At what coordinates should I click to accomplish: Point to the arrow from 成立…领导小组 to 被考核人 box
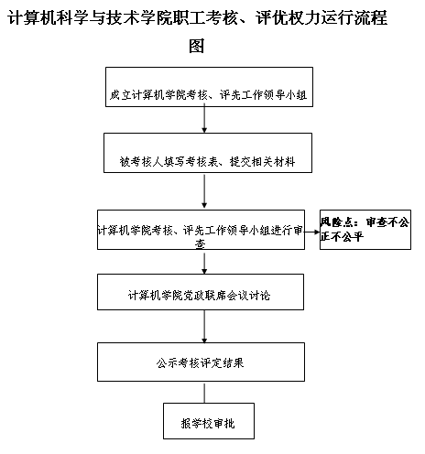tap(204, 118)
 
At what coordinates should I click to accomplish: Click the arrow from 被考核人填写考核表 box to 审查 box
tap(204, 191)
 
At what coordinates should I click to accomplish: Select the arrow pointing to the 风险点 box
tap(312, 232)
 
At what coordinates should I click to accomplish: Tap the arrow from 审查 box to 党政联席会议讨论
tap(204, 264)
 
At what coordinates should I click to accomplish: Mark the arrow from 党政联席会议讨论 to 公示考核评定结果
tap(204, 327)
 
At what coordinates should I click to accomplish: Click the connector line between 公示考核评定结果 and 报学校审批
tap(204, 394)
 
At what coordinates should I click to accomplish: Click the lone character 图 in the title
tap(196, 46)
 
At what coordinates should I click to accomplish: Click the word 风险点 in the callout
tap(335, 222)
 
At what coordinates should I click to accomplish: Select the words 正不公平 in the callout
tap(342, 237)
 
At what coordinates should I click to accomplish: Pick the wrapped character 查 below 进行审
tap(201, 243)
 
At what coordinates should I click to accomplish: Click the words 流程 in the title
tap(372, 17)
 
